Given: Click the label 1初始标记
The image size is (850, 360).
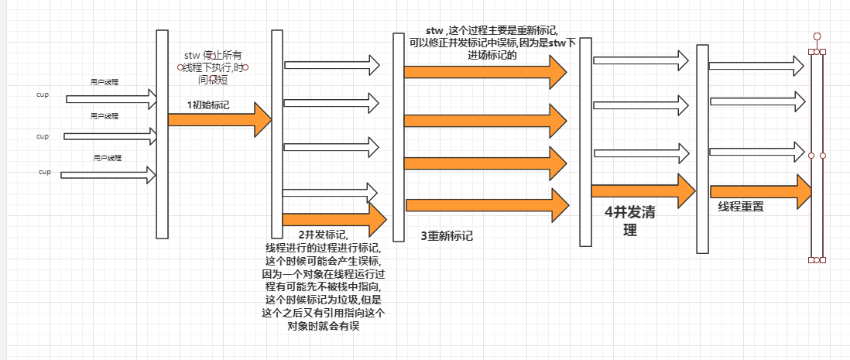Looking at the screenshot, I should point(208,105).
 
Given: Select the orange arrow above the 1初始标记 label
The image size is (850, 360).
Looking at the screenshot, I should point(219,120).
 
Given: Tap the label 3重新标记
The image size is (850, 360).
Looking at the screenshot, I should point(446,235).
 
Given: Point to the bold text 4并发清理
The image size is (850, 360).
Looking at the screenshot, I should point(629,221).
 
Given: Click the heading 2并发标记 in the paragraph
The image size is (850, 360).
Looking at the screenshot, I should point(322,235).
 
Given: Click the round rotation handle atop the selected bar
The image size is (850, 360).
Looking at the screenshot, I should point(816,36).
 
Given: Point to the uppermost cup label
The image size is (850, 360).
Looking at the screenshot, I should point(43,94).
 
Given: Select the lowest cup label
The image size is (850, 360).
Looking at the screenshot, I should point(44,172).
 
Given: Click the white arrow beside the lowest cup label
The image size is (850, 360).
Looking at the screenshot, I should point(108,176).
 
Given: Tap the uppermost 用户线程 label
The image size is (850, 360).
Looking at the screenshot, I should point(105,81).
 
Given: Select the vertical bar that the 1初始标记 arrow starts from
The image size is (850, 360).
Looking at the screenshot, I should point(162,134).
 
